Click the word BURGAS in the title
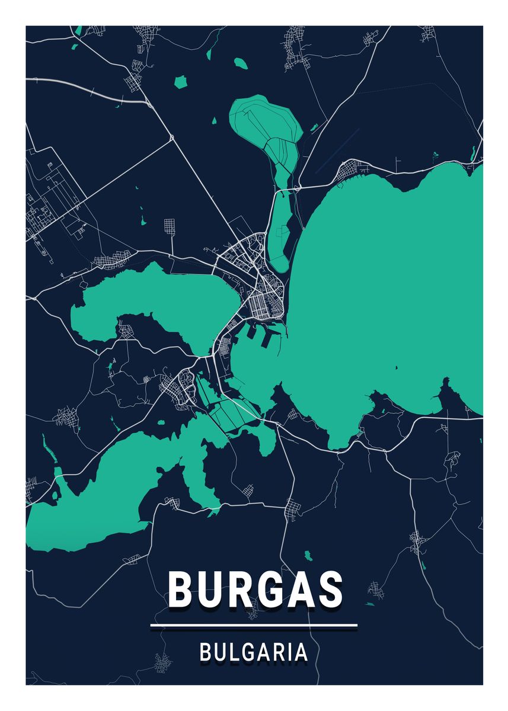[255, 590]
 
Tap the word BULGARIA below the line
[254, 652]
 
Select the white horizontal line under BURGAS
[254, 624]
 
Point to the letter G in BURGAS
[265, 590]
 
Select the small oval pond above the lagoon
[240, 62]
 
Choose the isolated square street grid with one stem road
[170, 226]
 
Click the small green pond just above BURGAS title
[308, 556]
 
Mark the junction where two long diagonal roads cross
[171, 138]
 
